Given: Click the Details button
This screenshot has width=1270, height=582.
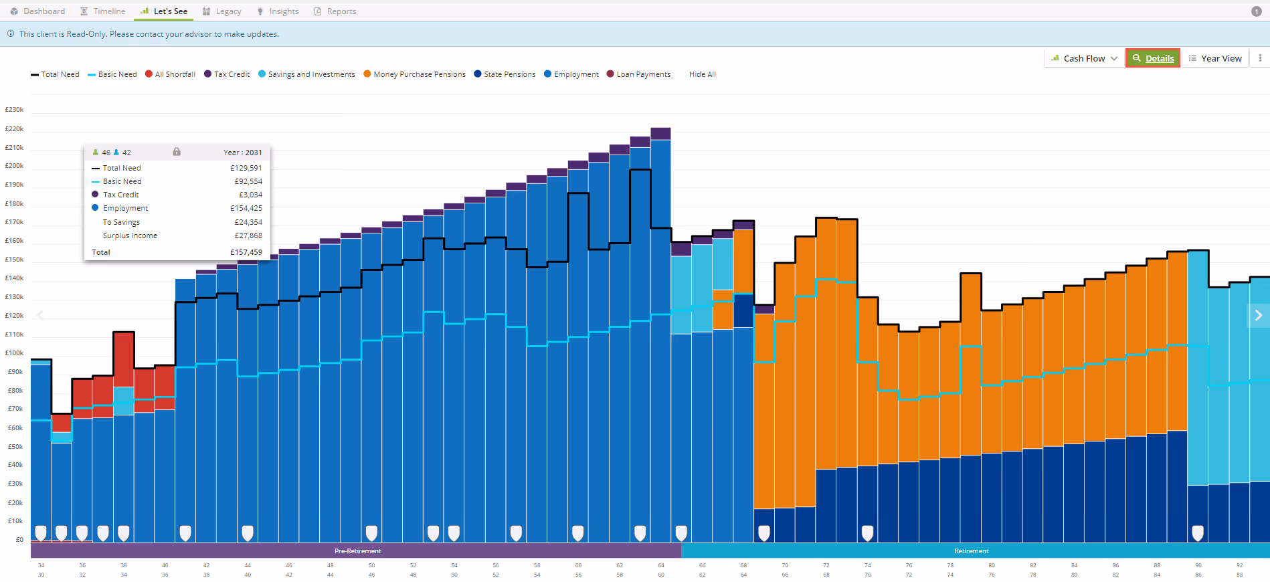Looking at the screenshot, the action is pyautogui.click(x=1153, y=58).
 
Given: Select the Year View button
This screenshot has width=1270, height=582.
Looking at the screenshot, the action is pyautogui.click(x=1215, y=58).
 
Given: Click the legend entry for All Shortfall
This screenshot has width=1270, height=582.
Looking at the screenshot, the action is pyautogui.click(x=170, y=74).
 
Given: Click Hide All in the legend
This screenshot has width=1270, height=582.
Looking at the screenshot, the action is pyautogui.click(x=703, y=74).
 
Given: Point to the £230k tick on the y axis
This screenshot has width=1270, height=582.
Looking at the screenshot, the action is pyautogui.click(x=14, y=109).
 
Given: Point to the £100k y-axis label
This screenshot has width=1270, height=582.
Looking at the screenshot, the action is pyautogui.click(x=14, y=353).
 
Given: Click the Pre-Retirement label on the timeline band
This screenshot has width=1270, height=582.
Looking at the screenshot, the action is pyautogui.click(x=358, y=551).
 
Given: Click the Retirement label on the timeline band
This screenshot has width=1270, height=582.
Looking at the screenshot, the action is pyautogui.click(x=972, y=551).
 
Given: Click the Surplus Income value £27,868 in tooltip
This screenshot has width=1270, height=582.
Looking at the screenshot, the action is pyautogui.click(x=248, y=235).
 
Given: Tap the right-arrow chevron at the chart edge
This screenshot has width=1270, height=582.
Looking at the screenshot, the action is pyautogui.click(x=1259, y=315).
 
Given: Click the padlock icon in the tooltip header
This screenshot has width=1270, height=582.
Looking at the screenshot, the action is pyautogui.click(x=177, y=152).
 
